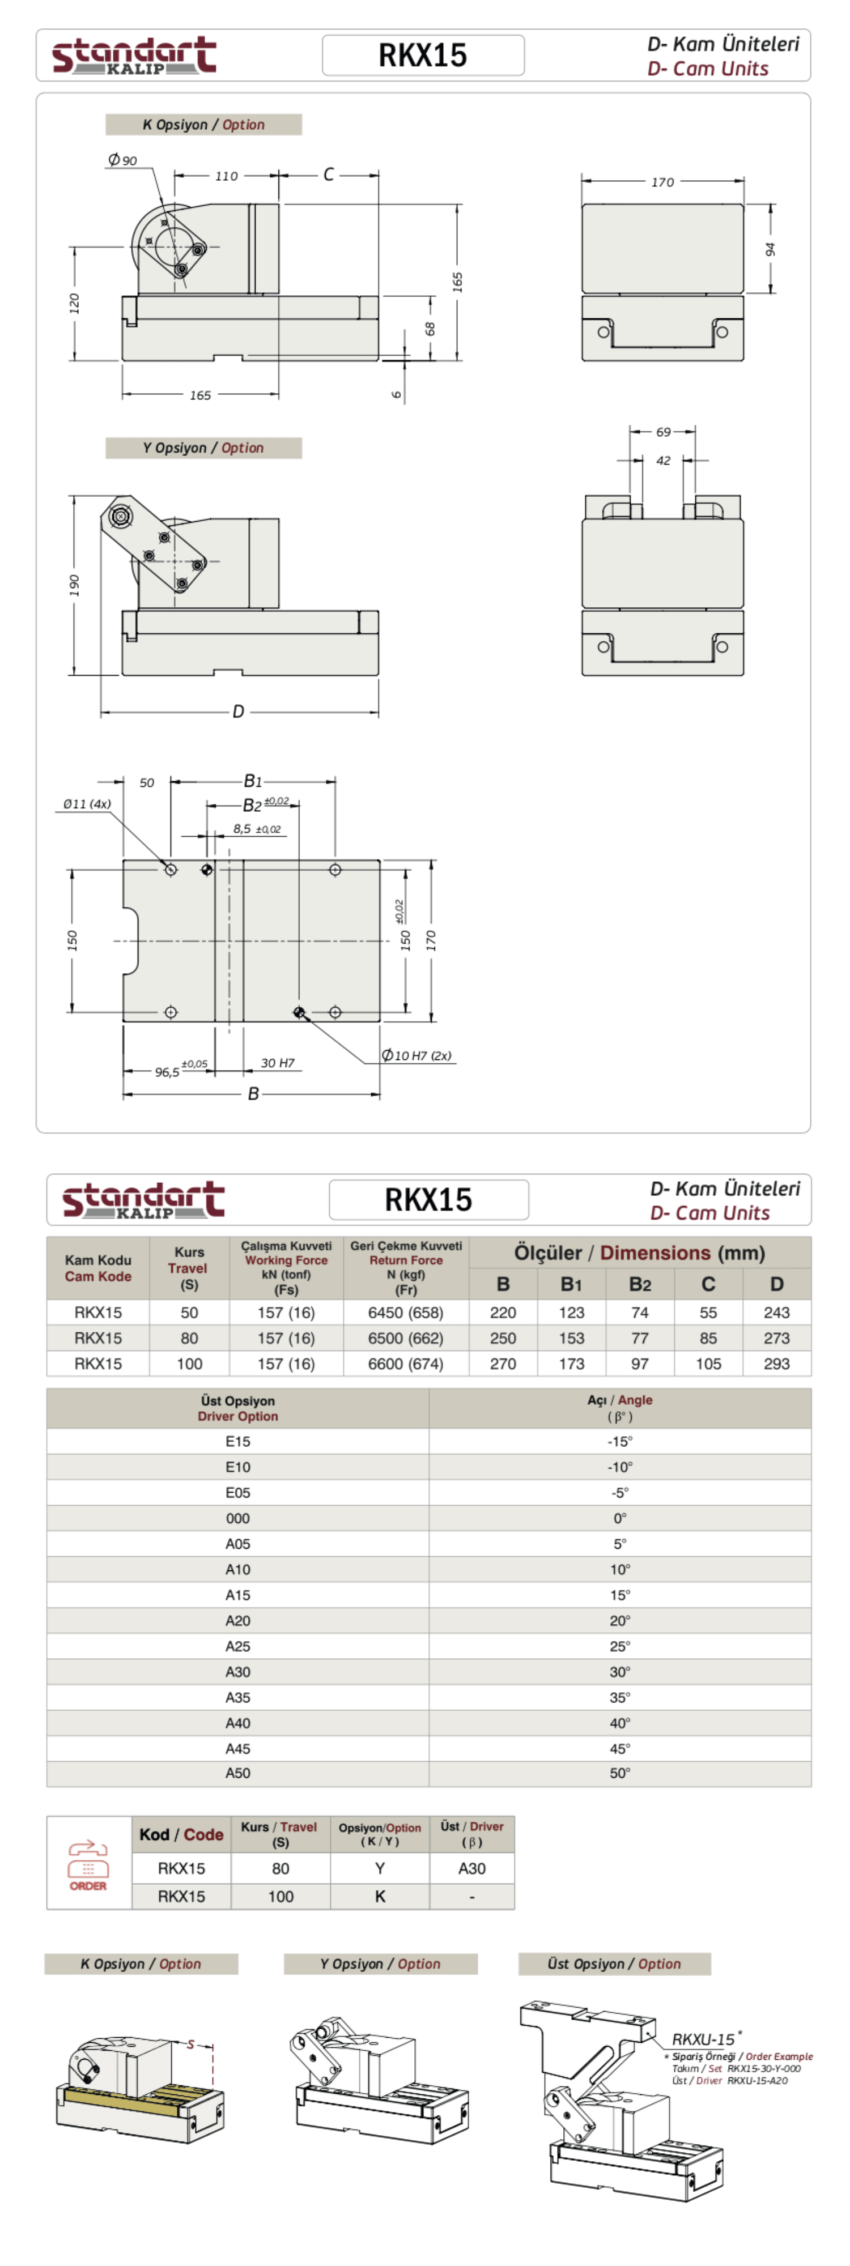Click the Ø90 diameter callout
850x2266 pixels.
point(123,160)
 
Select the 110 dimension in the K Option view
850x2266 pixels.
point(226,176)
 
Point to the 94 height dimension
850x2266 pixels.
point(771,249)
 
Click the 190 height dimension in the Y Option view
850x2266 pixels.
point(74,585)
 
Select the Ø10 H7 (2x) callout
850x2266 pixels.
point(417,1055)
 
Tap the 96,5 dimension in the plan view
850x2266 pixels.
point(167,1071)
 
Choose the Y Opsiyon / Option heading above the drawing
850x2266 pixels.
point(203,448)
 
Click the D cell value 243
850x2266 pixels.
point(776,1313)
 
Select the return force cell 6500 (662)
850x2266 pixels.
point(406,1338)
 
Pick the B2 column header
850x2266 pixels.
point(640,1284)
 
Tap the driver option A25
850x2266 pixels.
point(237,1646)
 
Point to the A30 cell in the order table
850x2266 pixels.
point(471,1868)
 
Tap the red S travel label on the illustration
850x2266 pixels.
point(190,2044)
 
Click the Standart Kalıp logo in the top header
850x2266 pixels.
point(134,56)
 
